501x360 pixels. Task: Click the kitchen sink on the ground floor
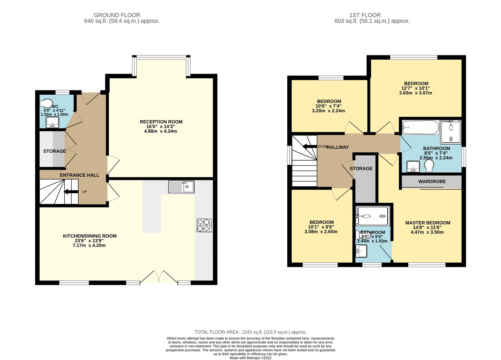[181, 187]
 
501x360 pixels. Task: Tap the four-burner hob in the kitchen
[204, 225]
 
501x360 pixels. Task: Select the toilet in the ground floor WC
[47, 103]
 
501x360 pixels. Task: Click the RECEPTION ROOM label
[161, 122]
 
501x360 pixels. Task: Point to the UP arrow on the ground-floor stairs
[71, 192]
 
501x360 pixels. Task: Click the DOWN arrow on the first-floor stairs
[310, 147]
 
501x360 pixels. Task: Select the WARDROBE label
[432, 181]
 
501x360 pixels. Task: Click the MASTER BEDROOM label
[428, 223]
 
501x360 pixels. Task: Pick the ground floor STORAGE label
[54, 151]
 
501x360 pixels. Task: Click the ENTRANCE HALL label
[80, 175]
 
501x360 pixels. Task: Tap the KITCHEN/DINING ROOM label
[90, 236]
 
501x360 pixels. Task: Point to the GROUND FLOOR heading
[117, 15]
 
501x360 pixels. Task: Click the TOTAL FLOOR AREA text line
[250, 332]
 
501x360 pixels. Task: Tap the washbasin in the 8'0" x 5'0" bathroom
[362, 251]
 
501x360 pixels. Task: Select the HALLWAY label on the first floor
[338, 147]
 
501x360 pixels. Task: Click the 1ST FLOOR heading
[365, 15]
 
